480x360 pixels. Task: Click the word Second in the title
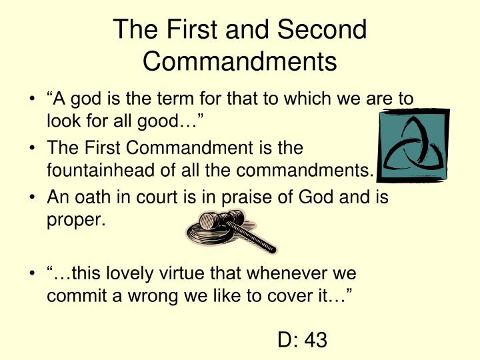(x=323, y=30)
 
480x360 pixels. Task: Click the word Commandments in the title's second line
(x=240, y=61)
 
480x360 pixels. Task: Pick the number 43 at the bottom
(x=315, y=341)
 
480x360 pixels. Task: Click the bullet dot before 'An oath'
(x=34, y=198)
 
